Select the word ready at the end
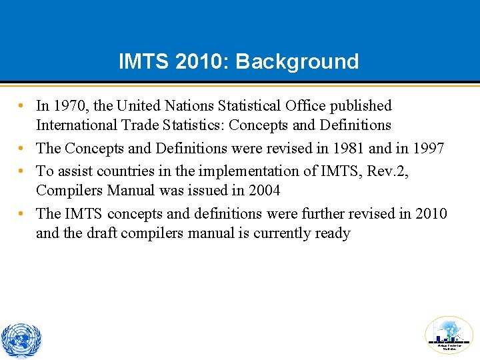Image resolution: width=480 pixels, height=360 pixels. click(332, 233)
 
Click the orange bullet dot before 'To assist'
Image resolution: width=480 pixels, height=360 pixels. click(23, 171)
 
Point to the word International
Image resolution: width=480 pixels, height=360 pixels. click(74, 125)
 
